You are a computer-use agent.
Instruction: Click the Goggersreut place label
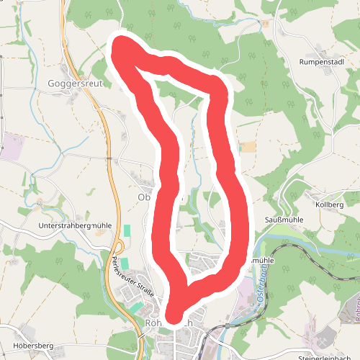76,83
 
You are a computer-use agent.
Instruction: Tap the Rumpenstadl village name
323,63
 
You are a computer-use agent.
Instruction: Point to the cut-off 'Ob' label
143,197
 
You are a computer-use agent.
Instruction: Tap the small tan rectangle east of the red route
248,147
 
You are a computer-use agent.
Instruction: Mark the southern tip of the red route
174,315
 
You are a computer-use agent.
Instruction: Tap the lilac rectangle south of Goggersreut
12,145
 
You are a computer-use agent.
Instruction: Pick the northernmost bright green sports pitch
127,231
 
